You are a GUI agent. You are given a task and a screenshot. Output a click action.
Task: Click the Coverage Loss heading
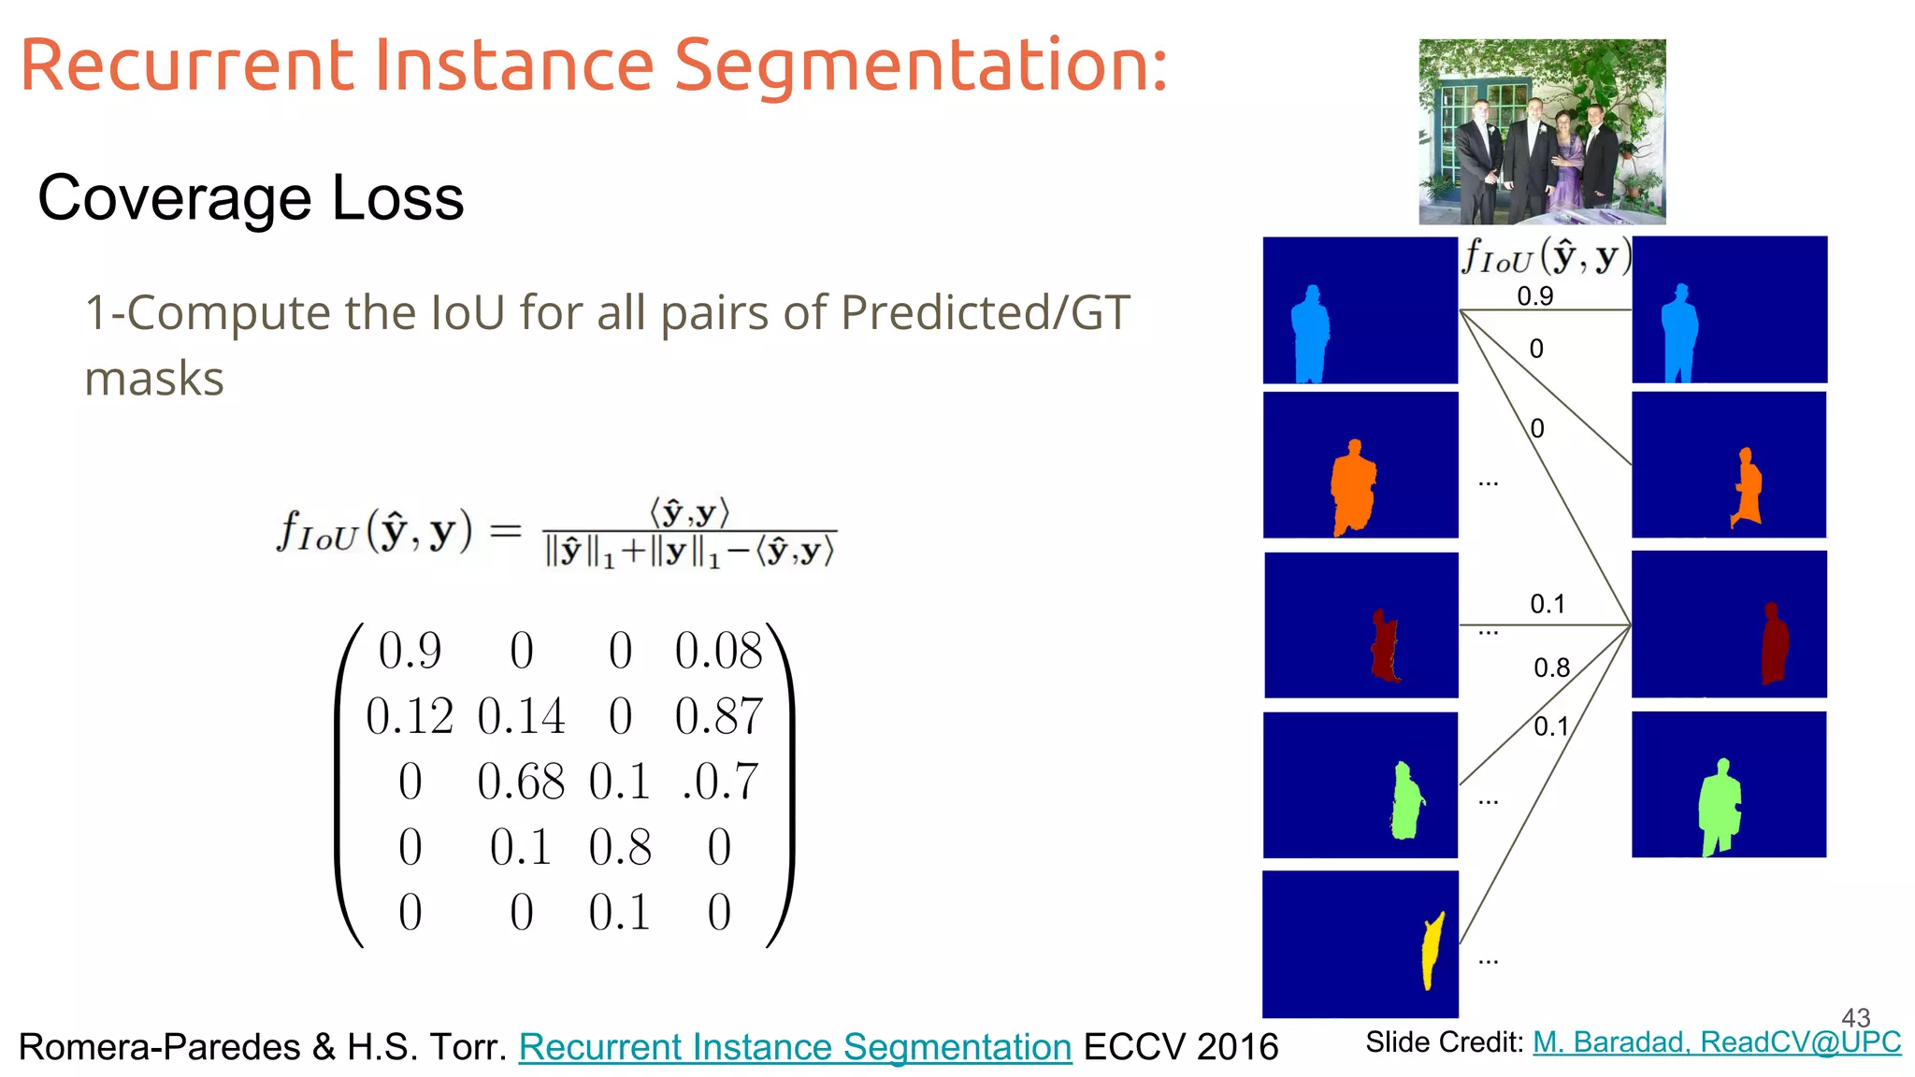tap(251, 198)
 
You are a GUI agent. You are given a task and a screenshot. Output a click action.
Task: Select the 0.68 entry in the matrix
tap(521, 782)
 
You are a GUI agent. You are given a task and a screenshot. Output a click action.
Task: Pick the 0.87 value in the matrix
tap(718, 717)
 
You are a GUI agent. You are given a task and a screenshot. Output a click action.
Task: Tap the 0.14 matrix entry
tap(521, 717)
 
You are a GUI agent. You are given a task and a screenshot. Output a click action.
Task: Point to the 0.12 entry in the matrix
tap(410, 717)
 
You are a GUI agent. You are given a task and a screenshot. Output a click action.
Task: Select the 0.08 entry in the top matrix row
tap(718, 651)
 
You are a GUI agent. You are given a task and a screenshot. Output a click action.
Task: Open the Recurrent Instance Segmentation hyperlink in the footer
tap(795, 1047)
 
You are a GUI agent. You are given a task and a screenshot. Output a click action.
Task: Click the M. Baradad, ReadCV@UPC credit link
tap(1717, 1041)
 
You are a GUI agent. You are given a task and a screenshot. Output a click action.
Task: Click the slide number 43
tap(1855, 1017)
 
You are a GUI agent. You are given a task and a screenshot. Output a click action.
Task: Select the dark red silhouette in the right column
tap(1773, 645)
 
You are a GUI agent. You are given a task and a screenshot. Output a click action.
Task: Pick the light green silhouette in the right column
tap(1720, 806)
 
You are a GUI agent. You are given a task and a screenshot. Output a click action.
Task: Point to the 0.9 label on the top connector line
tap(1534, 296)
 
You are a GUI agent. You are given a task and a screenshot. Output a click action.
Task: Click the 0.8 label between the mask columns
tap(1551, 668)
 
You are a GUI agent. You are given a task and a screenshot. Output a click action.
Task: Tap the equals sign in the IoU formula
tap(505, 531)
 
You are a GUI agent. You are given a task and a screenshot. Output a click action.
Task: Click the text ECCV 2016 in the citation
tap(1180, 1047)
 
